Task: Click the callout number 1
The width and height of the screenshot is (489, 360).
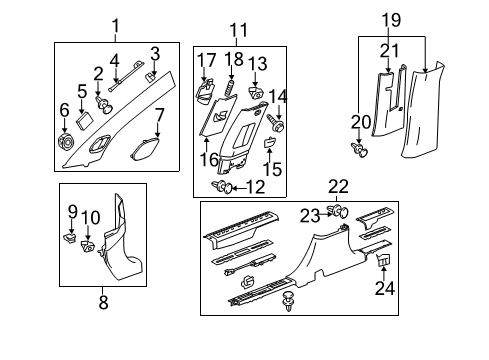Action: [115, 26]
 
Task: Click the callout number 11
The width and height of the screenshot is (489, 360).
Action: [238, 30]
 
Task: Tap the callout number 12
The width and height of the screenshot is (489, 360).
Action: [256, 186]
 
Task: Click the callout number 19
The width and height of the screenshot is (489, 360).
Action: [391, 18]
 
